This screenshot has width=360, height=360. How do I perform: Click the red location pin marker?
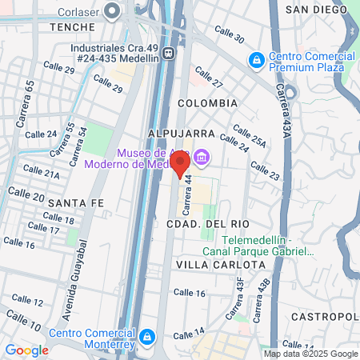coord(180,163)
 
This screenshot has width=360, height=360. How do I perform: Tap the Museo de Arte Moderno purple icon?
coord(202,156)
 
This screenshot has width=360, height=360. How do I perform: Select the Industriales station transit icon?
coord(168,53)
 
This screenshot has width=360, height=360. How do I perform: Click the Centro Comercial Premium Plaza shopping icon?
coord(256,59)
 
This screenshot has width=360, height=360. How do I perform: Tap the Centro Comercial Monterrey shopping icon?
coord(146,337)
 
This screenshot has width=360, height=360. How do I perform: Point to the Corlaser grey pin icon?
coord(112,11)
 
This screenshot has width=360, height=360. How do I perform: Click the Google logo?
coord(26,350)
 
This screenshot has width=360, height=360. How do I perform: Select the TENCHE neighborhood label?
coord(73,26)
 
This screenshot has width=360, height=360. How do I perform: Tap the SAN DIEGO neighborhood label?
coord(316,9)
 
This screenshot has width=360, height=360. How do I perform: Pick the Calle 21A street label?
coord(41,171)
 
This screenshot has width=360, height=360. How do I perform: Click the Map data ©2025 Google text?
coord(311,354)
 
